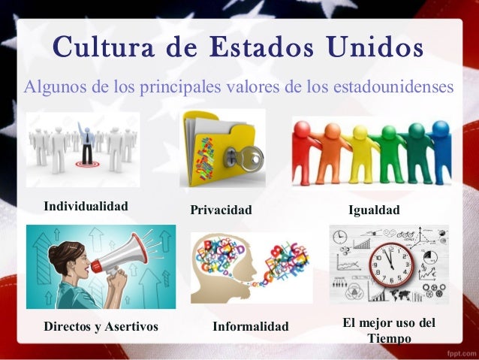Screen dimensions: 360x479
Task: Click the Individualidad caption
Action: [x=86, y=206]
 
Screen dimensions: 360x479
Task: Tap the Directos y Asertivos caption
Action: [x=101, y=327]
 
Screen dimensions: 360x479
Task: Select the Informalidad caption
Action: [x=251, y=327]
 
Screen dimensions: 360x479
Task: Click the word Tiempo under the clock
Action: [x=390, y=340]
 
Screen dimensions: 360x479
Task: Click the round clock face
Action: [x=391, y=264]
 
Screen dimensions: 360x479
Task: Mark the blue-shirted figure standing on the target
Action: [x=88, y=144]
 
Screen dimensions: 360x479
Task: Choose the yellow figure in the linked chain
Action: [x=360, y=150]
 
